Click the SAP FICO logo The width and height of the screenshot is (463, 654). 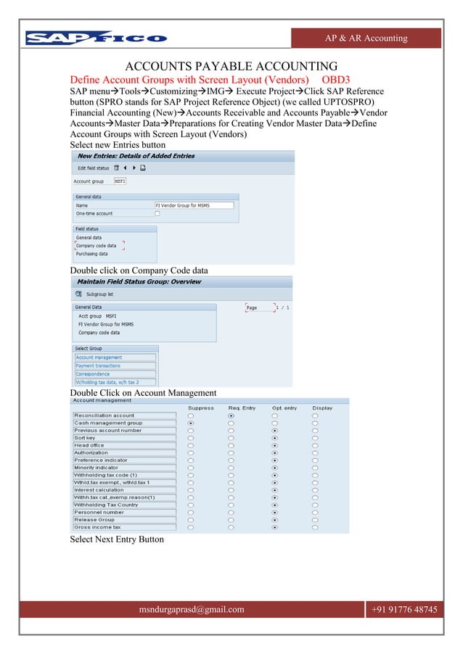[96, 38]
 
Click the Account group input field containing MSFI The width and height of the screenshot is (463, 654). [120, 181]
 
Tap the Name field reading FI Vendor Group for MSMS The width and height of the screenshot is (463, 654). [194, 205]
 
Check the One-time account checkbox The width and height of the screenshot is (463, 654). [157, 214]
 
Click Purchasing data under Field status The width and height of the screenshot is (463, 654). [92, 254]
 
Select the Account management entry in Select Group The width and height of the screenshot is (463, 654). [115, 357]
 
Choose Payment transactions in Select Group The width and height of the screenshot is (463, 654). [115, 366]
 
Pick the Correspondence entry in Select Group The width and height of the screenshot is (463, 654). [115, 374]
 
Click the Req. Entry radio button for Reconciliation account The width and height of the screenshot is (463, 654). [231, 416]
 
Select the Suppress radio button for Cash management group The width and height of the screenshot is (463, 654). [191, 423]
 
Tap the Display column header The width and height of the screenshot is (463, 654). [322, 408]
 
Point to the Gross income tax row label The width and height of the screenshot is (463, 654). [124, 528]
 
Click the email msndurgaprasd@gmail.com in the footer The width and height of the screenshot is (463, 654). [192, 610]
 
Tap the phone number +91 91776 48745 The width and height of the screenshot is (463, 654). [404, 610]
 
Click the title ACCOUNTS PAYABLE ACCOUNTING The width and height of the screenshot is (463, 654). [231, 65]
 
